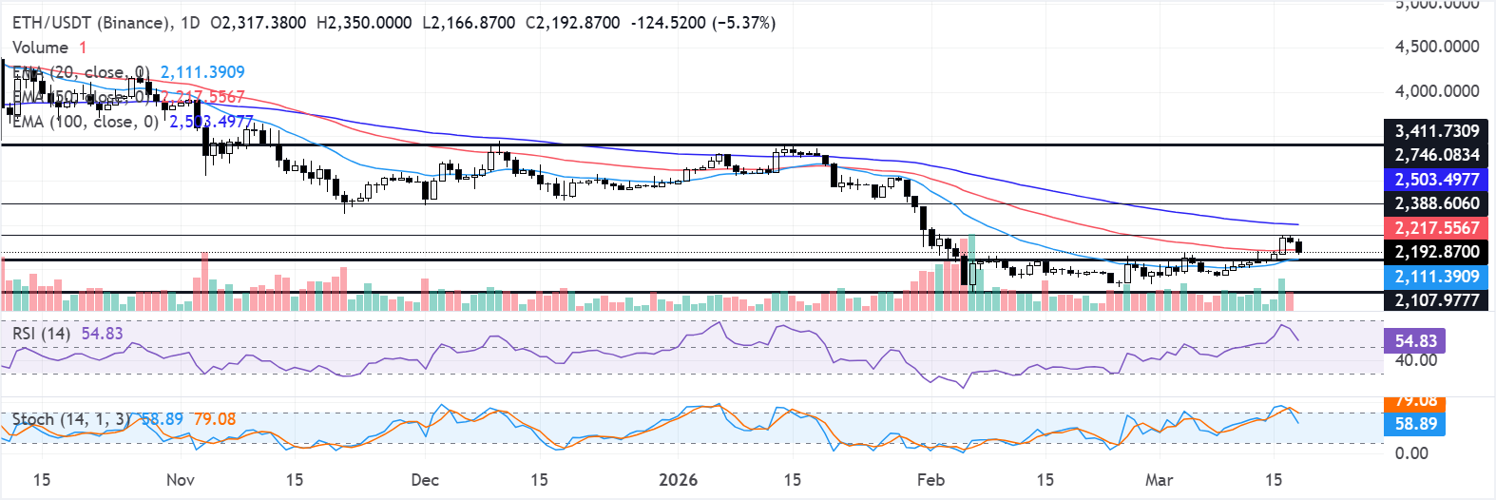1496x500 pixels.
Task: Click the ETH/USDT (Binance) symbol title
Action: click(91, 22)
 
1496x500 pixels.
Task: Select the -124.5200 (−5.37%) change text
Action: click(702, 22)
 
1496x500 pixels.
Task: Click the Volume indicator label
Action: click(40, 48)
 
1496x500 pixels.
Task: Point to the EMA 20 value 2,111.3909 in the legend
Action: click(202, 72)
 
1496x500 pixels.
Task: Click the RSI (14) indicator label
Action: click(41, 334)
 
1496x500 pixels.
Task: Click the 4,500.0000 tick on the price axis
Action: click(1436, 47)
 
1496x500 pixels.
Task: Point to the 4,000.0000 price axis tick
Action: click(1436, 91)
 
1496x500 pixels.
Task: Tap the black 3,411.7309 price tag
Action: click(1436, 131)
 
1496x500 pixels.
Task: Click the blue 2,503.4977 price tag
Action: click(1436, 180)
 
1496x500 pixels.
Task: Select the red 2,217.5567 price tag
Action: click(1436, 228)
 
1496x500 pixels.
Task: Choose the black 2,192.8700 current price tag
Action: click(1436, 252)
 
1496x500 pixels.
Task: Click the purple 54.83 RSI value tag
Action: click(1415, 341)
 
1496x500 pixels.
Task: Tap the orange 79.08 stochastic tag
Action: click(1415, 401)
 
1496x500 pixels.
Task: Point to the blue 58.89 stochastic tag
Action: click(1415, 424)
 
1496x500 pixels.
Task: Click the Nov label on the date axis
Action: click(181, 479)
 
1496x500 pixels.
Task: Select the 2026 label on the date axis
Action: click(678, 479)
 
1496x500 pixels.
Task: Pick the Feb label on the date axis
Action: click(930, 479)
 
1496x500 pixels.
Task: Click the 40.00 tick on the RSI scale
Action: click(1415, 360)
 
